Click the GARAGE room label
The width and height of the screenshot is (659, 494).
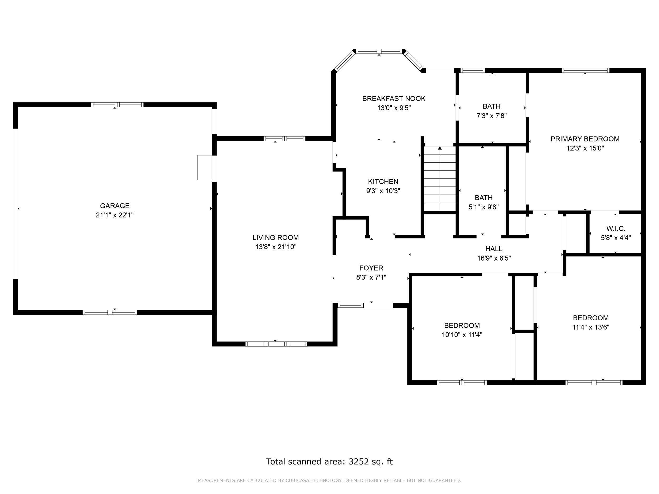(x=115, y=206)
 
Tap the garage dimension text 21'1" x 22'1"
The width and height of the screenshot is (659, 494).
(x=115, y=215)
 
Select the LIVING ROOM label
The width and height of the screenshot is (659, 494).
(x=275, y=238)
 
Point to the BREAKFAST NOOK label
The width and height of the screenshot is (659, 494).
(x=394, y=99)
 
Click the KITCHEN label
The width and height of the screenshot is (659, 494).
(x=383, y=182)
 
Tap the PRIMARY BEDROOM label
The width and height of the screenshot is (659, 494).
(x=585, y=139)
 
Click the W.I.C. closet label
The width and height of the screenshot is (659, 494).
(x=616, y=229)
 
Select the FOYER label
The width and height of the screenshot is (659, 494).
(x=371, y=268)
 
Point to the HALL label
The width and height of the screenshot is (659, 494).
(x=494, y=249)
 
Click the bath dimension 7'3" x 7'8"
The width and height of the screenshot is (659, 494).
(x=492, y=116)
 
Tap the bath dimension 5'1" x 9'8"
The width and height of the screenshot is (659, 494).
(x=483, y=207)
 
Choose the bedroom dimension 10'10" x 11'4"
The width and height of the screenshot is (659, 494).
(x=462, y=335)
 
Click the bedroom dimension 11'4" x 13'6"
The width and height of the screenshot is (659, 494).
(x=591, y=327)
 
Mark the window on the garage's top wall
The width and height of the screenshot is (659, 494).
(x=117, y=105)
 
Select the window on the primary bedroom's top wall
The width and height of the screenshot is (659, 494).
(x=585, y=71)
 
